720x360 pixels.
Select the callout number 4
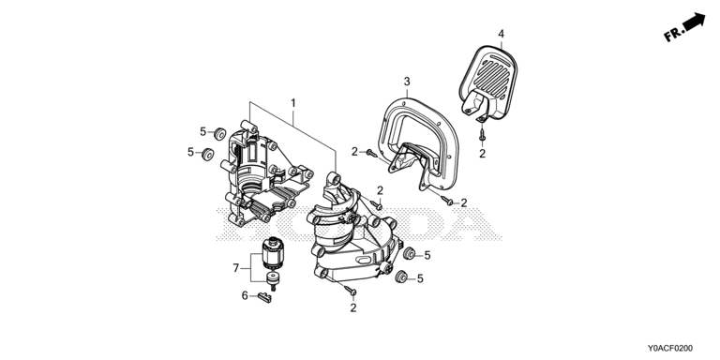coord(501,34)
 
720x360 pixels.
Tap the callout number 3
coord(407,82)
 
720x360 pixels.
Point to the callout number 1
coord(292,103)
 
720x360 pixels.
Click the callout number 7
coord(236,268)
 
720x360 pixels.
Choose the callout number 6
coord(245,295)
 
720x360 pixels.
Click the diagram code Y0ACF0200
coord(670,349)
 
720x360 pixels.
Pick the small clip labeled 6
coord(265,297)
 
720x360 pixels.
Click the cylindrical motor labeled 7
coord(273,254)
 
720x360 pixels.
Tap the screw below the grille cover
coord(482,135)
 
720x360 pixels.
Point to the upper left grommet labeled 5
coord(220,134)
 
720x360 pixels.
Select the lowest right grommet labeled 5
coord(401,277)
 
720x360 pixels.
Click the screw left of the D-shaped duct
coord(371,153)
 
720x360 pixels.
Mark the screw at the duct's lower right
coord(447,201)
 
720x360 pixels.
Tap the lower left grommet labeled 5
coord(207,154)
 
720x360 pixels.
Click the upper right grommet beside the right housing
coord(408,253)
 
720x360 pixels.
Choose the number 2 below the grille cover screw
coord(482,154)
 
